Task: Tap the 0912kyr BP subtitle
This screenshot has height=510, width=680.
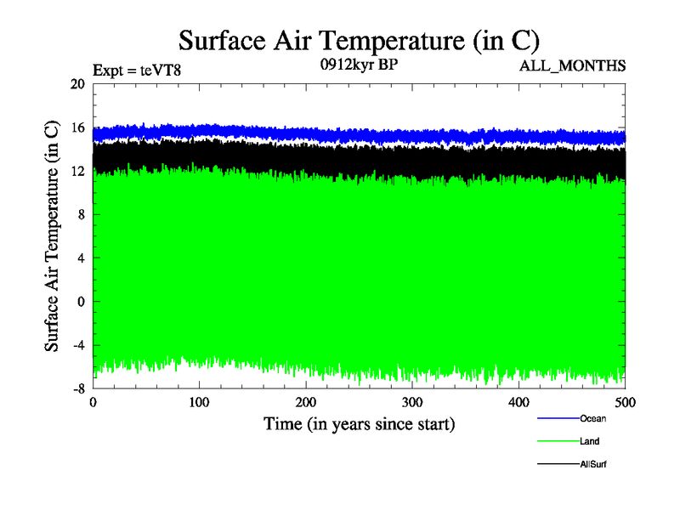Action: (x=358, y=65)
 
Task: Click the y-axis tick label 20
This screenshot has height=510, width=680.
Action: (x=77, y=84)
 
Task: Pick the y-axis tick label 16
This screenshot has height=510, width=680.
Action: (x=77, y=127)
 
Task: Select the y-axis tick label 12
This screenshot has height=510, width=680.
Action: (x=77, y=171)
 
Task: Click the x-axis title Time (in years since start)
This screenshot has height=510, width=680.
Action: (x=359, y=422)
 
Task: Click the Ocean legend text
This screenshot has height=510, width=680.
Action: (x=592, y=418)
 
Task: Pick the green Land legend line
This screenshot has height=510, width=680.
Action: (x=558, y=441)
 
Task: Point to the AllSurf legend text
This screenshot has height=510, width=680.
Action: (x=593, y=464)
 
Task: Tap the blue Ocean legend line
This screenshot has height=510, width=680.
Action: (x=558, y=418)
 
